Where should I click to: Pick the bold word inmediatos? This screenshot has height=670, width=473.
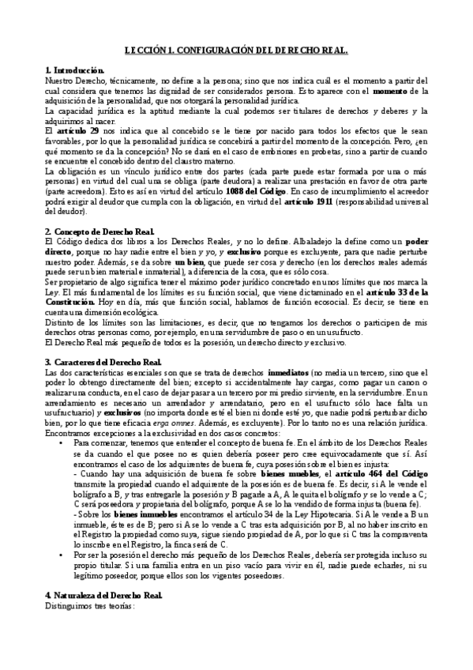coord(290,372)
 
